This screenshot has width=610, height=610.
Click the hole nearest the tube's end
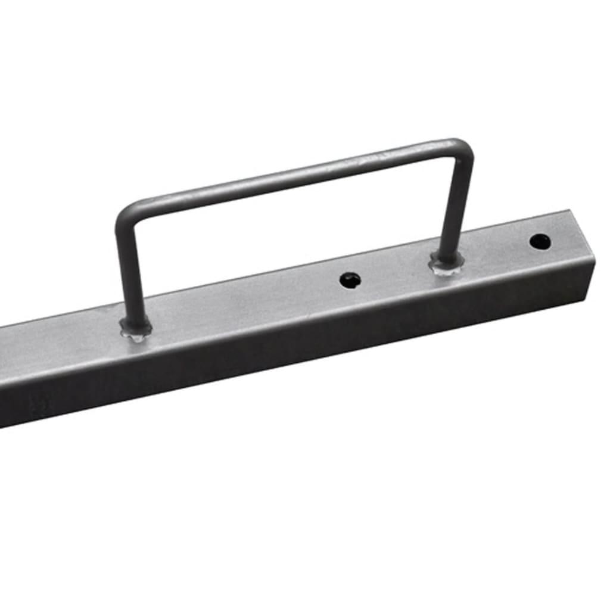[540, 241]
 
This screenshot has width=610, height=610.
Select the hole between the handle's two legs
[350, 279]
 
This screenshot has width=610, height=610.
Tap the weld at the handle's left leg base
[136, 328]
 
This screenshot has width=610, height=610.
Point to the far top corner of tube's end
[569, 211]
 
